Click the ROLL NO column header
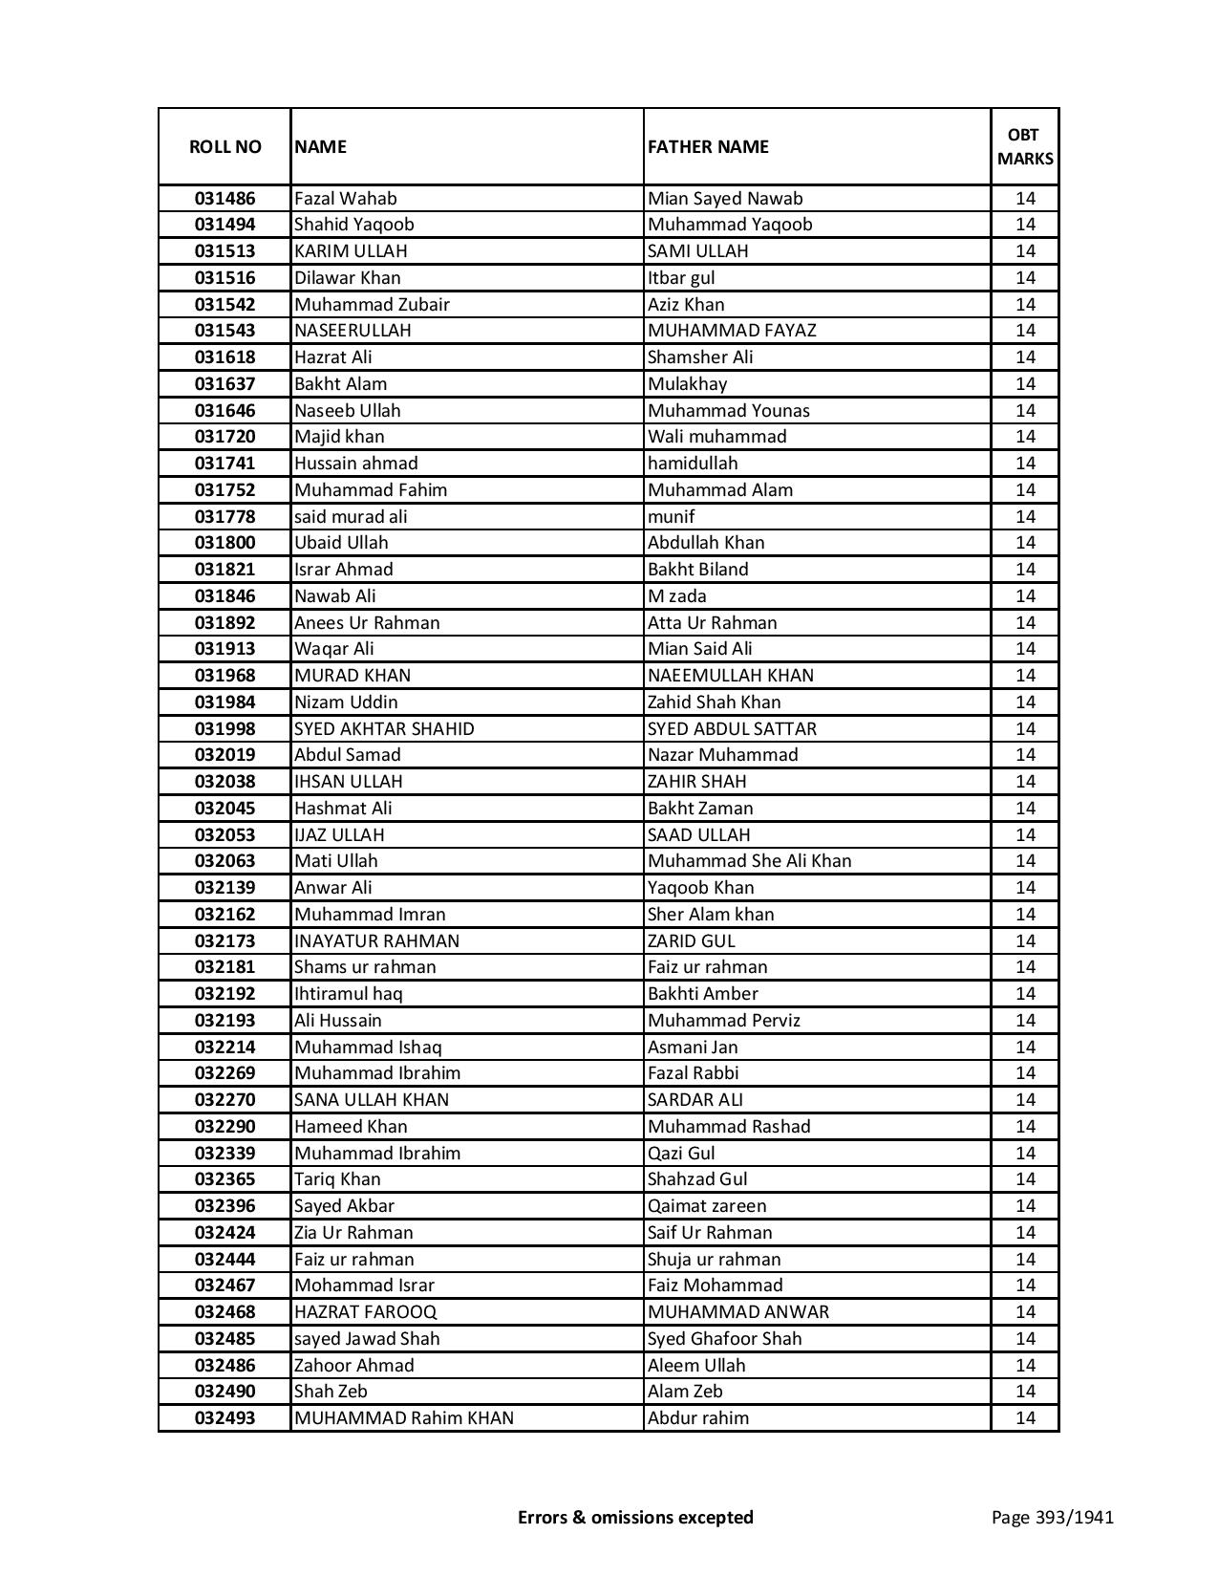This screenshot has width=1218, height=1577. pyautogui.click(x=224, y=146)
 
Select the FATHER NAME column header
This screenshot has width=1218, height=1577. pyautogui.click(x=708, y=146)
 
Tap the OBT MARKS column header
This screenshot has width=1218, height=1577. pyautogui.click(x=1025, y=146)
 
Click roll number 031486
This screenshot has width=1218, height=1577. pyautogui.click(x=224, y=199)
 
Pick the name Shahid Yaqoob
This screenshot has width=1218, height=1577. pyautogui.click(x=353, y=225)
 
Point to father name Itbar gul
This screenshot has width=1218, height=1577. pyautogui.click(x=681, y=278)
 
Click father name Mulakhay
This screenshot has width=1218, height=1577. pyautogui.click(x=687, y=384)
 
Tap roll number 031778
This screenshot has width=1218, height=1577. pyautogui.click(x=224, y=517)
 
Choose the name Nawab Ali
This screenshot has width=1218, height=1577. pyautogui.click(x=334, y=596)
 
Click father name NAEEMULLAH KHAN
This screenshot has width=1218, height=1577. pyautogui.click(x=731, y=676)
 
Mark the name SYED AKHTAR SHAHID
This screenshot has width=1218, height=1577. pyautogui.click(x=384, y=729)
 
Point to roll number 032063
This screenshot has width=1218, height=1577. pyautogui.click(x=224, y=861)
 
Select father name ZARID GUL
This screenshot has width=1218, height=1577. pyautogui.click(x=692, y=941)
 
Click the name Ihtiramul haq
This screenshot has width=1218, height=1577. pyautogui.click(x=348, y=994)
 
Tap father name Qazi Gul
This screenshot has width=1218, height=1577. pyautogui.click(x=681, y=1154)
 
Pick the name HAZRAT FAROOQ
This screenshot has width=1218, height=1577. pyautogui.click(x=365, y=1312)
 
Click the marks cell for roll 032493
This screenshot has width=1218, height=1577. pyautogui.click(x=1025, y=1418)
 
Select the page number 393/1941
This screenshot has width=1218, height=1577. pyautogui.click(x=1052, y=1517)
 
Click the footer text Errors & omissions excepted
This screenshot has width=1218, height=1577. pyautogui.click(x=635, y=1517)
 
